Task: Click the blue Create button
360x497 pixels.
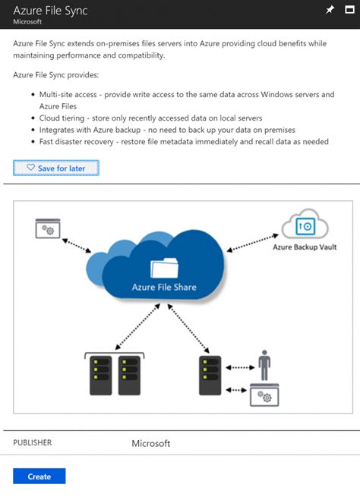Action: coord(39,476)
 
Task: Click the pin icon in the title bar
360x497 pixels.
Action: coord(329,10)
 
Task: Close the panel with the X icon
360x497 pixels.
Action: coord(349,10)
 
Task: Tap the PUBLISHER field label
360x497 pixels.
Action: coord(33,442)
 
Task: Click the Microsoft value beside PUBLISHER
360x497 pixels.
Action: coord(151,443)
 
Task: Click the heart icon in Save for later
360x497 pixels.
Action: coord(30,167)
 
